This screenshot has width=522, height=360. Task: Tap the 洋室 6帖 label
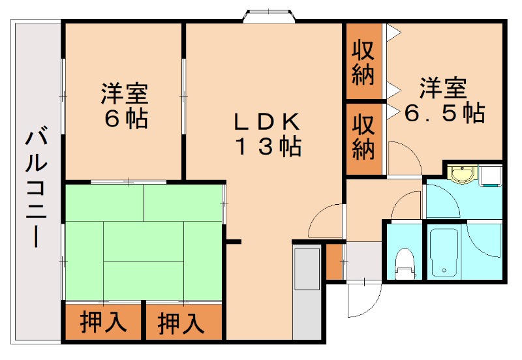(x=124, y=106)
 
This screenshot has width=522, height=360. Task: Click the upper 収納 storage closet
(x=363, y=63)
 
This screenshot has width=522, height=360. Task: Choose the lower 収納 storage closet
(x=363, y=138)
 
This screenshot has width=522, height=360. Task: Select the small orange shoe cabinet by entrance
(x=333, y=260)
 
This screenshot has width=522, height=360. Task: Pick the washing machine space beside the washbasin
(x=491, y=175)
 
